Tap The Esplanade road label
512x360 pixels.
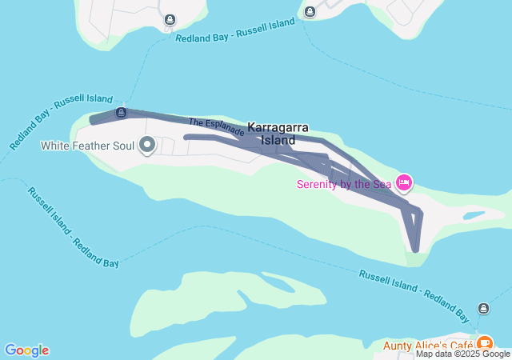point(216,126)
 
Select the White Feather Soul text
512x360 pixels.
point(88,146)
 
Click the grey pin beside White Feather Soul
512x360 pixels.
point(147,145)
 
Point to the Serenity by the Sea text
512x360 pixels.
point(344,184)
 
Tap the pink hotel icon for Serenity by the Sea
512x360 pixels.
point(404,183)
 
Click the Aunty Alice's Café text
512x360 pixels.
point(427,346)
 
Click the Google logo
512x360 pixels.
point(26,350)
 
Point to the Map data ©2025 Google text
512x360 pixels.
point(462,354)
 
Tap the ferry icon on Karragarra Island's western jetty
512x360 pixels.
point(121,112)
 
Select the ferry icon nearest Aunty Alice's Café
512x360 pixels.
point(483,308)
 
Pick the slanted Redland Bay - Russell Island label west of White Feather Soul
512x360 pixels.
point(62,121)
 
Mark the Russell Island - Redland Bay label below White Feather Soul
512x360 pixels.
point(73,227)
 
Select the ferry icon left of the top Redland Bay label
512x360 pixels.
point(170,19)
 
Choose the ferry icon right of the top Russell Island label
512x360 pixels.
point(310,10)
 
